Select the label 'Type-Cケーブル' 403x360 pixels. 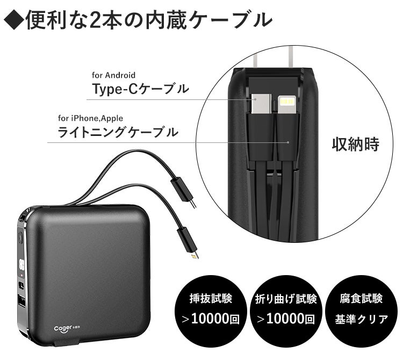141,90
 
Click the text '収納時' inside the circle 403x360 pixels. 355,144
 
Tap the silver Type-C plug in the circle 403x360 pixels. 261,103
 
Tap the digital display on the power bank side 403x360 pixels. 22,265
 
